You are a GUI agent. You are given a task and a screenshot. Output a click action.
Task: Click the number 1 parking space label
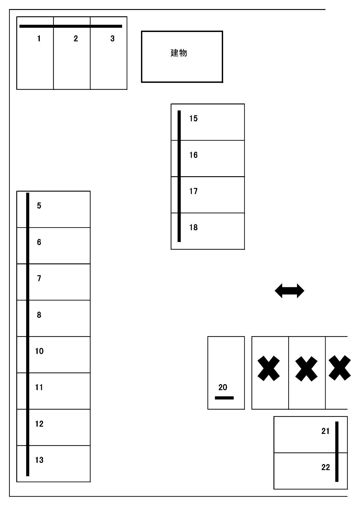[39, 39]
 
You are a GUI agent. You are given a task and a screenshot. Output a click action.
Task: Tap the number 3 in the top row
[112, 39]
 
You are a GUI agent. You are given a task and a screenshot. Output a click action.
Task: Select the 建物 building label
[179, 53]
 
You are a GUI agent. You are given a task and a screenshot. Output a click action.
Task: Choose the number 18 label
[194, 227]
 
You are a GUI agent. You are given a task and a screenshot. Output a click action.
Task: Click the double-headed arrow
[289, 291]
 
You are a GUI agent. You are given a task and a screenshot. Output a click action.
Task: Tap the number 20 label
[223, 387]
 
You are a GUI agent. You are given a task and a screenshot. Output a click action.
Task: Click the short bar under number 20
[224, 398]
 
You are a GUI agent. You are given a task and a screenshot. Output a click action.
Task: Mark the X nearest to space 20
[269, 368]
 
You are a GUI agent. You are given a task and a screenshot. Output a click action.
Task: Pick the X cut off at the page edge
[339, 368]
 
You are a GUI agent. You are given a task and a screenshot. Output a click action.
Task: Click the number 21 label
[325, 431]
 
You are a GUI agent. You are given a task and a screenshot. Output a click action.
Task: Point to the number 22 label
[325, 467]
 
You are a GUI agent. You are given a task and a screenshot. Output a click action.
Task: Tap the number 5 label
[39, 205]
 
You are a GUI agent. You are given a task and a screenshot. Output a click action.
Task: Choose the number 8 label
[39, 315]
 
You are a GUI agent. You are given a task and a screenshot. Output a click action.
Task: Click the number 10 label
[39, 351]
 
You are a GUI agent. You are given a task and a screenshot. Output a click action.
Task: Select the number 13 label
[39, 460]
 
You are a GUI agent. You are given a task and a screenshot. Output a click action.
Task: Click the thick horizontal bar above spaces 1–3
[71, 26]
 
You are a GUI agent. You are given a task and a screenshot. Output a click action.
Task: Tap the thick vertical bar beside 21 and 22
[337, 452]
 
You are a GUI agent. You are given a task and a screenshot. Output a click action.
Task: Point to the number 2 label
[76, 39]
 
